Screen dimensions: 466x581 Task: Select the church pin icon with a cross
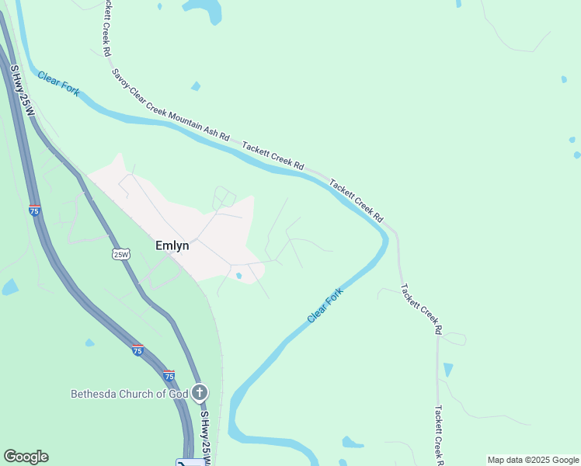click(200, 392)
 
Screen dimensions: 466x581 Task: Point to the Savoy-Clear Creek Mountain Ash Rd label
click(170, 105)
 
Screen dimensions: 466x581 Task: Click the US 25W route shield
click(120, 254)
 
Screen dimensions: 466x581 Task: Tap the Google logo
click(26, 457)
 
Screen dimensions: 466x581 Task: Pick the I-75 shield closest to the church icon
click(169, 375)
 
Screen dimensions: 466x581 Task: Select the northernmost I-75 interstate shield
click(34, 210)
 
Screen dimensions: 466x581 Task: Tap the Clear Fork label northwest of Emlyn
click(58, 83)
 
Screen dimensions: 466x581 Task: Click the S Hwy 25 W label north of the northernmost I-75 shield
click(22, 92)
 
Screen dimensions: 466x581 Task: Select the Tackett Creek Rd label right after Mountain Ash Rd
click(272, 155)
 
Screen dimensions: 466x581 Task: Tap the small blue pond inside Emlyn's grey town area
click(238, 275)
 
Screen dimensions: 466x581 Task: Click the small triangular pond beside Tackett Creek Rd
click(447, 370)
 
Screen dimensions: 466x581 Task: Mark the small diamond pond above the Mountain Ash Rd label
click(196, 86)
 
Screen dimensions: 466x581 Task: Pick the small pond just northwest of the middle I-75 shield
click(90, 343)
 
